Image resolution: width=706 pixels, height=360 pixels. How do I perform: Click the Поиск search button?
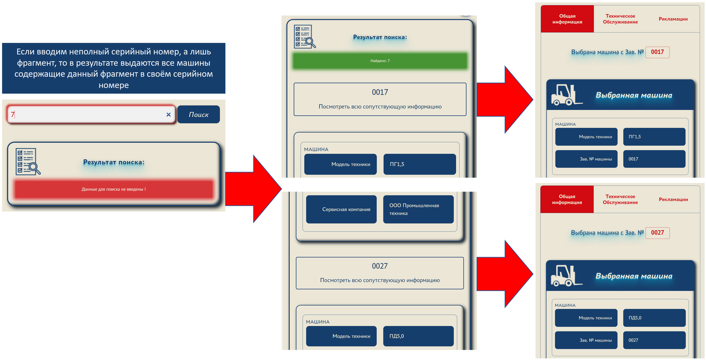[x=199, y=115]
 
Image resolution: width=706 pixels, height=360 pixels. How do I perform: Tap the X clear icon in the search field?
[x=169, y=115]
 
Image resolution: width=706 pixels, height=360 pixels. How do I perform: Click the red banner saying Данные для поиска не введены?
[x=114, y=189]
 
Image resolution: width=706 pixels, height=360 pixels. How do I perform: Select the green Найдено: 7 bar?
[x=380, y=61]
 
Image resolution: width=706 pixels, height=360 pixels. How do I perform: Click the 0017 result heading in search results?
[x=380, y=92]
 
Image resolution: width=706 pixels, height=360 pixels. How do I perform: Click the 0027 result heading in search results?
[x=379, y=266]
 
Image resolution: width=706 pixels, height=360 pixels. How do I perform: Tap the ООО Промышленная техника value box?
[x=418, y=209]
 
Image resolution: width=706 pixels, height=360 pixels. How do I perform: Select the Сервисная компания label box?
[x=341, y=209]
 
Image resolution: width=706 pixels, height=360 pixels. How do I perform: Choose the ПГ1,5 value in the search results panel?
[x=420, y=164]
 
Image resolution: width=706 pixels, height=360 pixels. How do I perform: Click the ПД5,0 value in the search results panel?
[x=418, y=336]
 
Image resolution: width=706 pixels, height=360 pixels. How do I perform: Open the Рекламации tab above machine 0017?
[x=673, y=19]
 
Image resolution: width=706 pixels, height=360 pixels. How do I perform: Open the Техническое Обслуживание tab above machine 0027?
[x=620, y=199]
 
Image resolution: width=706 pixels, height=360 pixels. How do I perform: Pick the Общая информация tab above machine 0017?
[x=568, y=19]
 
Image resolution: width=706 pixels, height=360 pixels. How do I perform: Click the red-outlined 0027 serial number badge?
[x=658, y=233]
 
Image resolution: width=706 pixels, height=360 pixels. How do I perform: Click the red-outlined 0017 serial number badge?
[x=658, y=52]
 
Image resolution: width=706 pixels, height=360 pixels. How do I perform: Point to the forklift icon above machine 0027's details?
[x=567, y=276]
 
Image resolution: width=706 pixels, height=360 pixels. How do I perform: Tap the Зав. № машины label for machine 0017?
[x=586, y=159]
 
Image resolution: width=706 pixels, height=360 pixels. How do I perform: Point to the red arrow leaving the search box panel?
[x=253, y=189]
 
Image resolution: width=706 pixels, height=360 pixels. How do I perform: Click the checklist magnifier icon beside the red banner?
[x=28, y=162]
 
